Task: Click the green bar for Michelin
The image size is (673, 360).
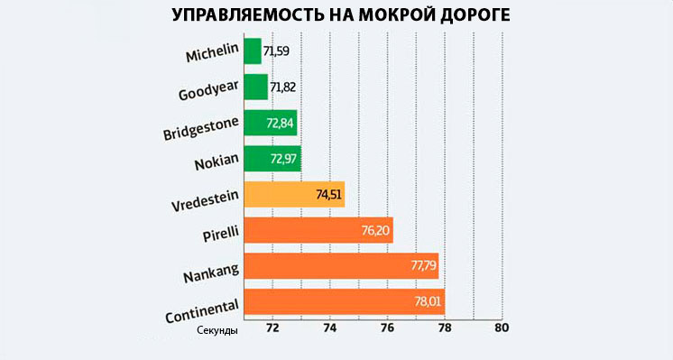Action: (x=253, y=51)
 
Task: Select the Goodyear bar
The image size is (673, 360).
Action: (x=256, y=87)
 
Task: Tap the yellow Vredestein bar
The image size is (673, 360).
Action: (x=294, y=194)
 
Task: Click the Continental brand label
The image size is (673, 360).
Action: (x=201, y=305)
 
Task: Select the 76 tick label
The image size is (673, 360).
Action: (x=387, y=328)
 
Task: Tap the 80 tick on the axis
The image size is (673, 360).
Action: (x=502, y=328)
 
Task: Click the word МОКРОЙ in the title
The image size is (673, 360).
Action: (x=396, y=16)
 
